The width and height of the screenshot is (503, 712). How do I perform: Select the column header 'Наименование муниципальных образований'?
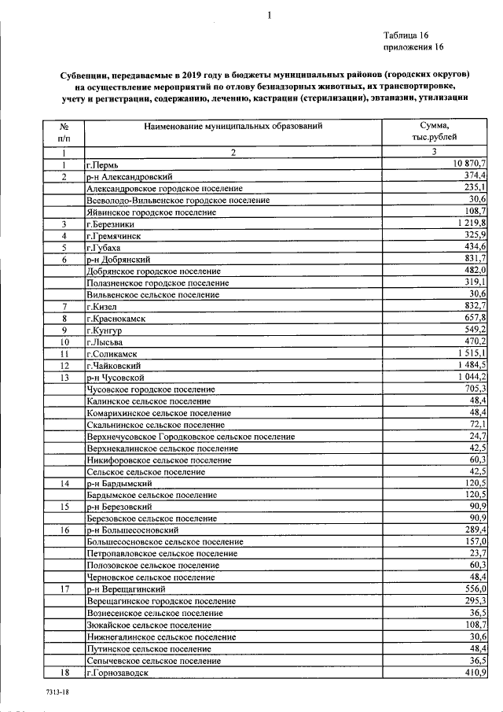coord(233,126)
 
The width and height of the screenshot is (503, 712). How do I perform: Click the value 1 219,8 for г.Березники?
coord(469,224)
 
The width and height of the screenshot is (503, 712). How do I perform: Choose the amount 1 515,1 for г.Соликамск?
coord(469,353)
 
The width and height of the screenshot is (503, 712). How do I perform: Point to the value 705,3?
coord(475,389)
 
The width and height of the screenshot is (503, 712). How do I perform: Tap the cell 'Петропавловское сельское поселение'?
coord(162,554)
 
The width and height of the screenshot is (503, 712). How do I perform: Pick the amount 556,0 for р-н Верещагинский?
coord(475,588)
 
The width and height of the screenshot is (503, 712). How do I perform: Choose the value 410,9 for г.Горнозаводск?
coord(475,672)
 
